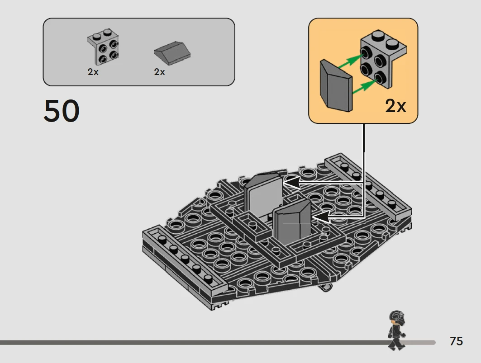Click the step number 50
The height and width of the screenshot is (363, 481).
62,111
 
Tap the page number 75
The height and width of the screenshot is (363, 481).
456,341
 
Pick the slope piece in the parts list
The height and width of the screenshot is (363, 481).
172,53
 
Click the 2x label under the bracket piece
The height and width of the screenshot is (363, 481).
93,72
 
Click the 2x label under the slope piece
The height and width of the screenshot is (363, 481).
160,72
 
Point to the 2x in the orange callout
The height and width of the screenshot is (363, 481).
396,106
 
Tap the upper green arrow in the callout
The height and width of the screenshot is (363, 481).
350,61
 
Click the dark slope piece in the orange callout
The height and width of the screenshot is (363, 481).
336,86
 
